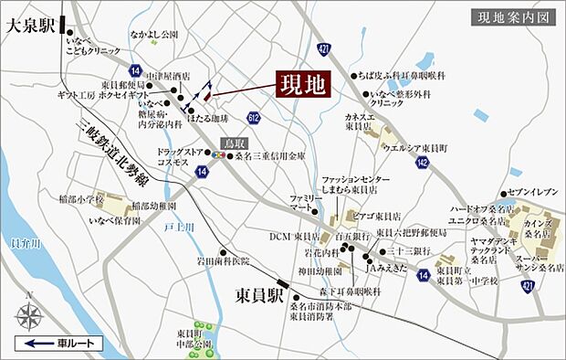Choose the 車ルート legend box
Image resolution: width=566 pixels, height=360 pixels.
coord(59,344)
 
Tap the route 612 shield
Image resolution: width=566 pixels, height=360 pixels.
coord(252,118)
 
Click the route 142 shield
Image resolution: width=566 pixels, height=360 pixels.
coord(421,161)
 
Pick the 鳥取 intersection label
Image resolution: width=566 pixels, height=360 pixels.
coord(235,144)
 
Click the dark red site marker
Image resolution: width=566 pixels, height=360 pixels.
coord(207,93)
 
